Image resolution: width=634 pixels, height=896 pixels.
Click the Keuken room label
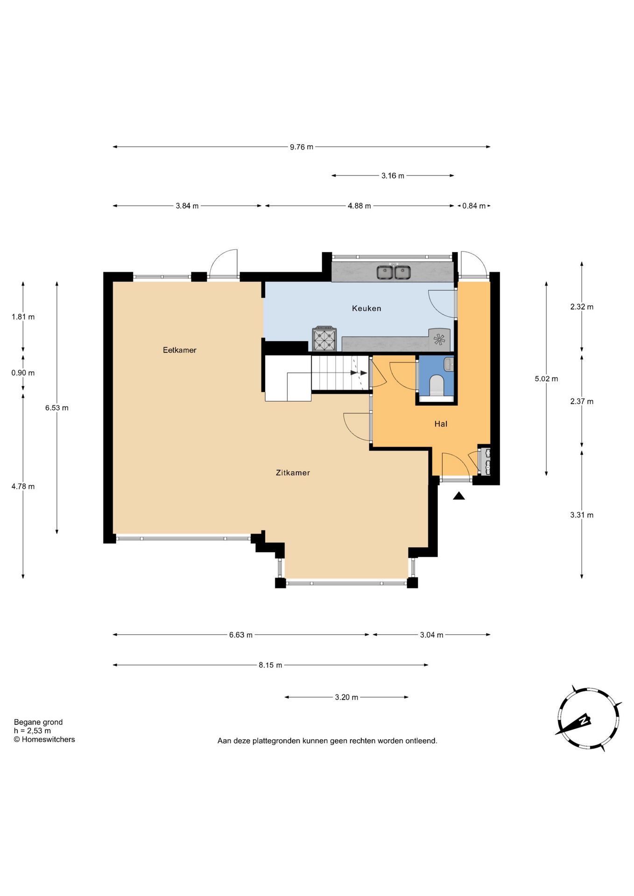[366, 308]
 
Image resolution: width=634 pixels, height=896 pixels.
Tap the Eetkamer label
[180, 350]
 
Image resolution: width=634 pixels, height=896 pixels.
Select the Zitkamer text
[293, 473]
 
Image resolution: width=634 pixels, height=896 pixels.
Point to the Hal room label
[441, 424]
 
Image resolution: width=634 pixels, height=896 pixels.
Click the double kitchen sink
[394, 272]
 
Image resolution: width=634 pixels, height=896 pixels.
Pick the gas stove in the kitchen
[324, 339]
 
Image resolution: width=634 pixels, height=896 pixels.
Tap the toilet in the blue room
[437, 385]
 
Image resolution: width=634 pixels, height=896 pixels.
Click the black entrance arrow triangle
[459, 496]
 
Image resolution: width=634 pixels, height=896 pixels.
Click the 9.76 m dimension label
[302, 147]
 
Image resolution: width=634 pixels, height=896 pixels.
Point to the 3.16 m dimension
[393, 176]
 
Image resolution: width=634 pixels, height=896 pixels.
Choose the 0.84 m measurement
[474, 206]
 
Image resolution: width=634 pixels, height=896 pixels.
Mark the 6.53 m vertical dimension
[57, 408]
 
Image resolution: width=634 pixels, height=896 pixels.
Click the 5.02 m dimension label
[546, 379]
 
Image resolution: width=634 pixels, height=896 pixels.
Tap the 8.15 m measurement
[270, 665]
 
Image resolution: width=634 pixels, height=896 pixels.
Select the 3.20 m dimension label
[346, 697]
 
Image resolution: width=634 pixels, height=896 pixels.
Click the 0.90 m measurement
[23, 373]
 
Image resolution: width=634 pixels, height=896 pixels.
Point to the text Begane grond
[38, 722]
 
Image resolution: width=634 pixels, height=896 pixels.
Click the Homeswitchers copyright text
[44, 739]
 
